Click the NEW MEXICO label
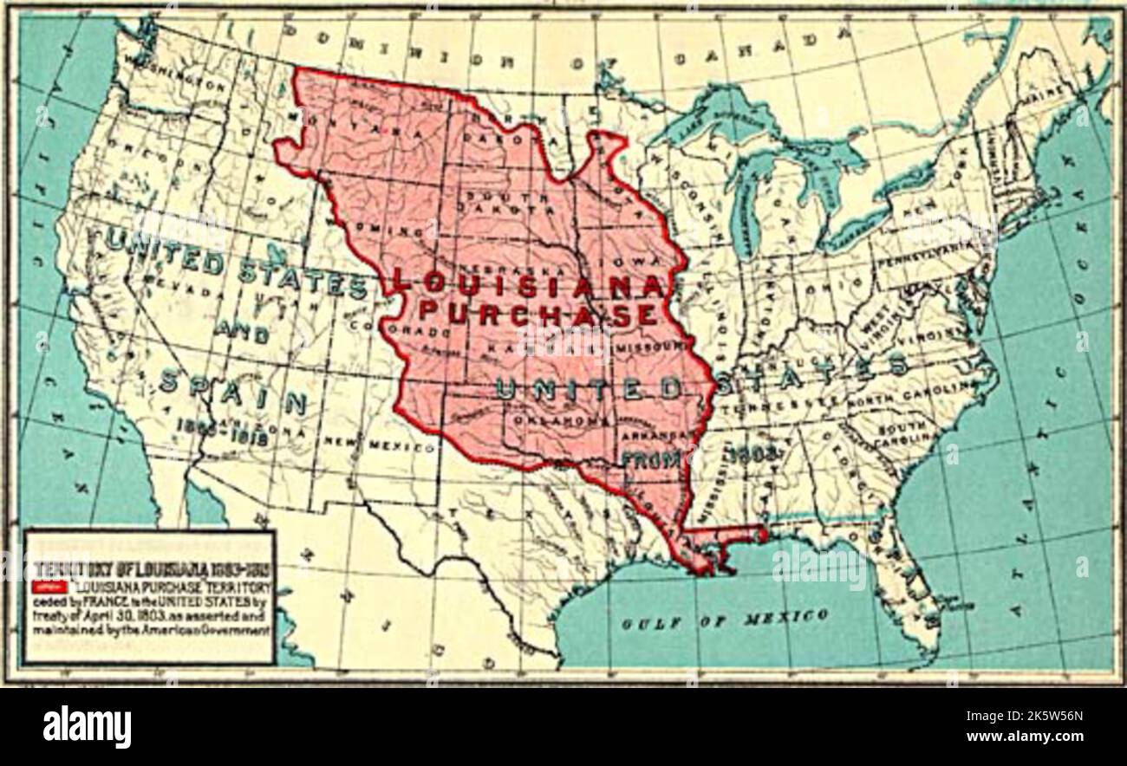(x=380, y=445)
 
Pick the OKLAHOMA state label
(x=561, y=419)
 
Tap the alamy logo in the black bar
(x=87, y=726)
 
